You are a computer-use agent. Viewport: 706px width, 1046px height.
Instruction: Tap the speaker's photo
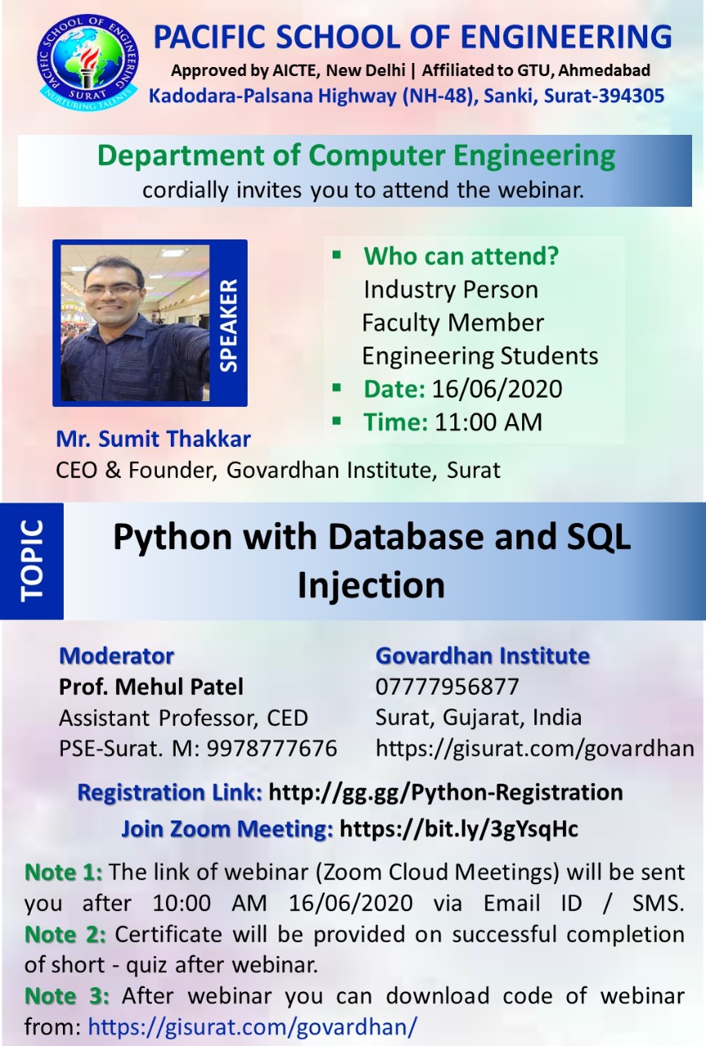pos(136,323)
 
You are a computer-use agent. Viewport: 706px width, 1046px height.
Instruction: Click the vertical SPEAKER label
pos(228,325)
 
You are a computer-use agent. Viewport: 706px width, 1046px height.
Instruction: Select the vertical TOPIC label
pos(32,560)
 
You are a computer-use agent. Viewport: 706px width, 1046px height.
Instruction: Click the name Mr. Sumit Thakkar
pos(153,439)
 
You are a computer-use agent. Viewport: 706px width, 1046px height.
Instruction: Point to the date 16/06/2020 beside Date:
pos(497,389)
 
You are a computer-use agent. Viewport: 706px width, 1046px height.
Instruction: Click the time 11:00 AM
pos(489,422)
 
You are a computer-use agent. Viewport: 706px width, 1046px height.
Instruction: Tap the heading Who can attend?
pos(461,256)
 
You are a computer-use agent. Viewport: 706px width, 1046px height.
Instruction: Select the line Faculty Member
pos(453,323)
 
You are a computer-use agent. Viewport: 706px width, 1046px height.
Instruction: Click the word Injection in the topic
pos(371,586)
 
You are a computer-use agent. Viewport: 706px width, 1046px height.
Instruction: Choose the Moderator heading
pos(116,656)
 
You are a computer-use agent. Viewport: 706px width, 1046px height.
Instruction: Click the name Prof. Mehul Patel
pos(151,687)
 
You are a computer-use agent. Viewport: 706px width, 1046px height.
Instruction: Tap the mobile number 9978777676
pos(272,748)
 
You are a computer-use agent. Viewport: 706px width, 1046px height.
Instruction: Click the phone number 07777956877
pos(447,687)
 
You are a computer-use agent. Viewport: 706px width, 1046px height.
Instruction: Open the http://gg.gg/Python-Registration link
pos(446,793)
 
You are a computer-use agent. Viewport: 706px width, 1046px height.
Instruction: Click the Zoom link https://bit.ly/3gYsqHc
pos(459,829)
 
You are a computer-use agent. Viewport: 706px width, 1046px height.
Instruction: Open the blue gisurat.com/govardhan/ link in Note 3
pos(252,1027)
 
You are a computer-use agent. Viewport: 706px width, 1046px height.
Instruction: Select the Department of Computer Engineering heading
pos(356,156)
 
